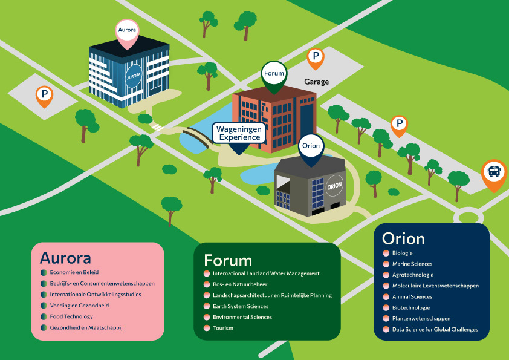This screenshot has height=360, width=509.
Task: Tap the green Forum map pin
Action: tap(273, 75)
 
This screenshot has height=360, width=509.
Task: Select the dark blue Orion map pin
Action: tap(311, 147)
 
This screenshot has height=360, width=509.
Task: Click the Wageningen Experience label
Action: tap(239, 133)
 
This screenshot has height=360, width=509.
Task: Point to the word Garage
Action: tap(316, 82)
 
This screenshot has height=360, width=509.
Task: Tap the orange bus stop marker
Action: tap(494, 172)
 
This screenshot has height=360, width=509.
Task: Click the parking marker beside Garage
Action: tap(315, 58)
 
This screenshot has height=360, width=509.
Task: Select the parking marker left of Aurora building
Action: tap(44, 96)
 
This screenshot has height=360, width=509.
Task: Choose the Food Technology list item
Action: tap(71, 316)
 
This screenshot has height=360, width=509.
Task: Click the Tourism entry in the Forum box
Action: tap(223, 328)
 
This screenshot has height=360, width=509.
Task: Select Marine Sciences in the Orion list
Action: tap(412, 264)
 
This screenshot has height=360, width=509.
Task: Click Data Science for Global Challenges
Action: tap(435, 329)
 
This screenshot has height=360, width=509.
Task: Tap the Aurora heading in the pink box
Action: tap(65, 258)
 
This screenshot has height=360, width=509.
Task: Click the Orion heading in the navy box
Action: tap(403, 238)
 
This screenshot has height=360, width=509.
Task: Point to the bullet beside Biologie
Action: tap(386, 253)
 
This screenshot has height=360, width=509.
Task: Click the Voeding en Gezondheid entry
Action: tap(79, 306)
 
